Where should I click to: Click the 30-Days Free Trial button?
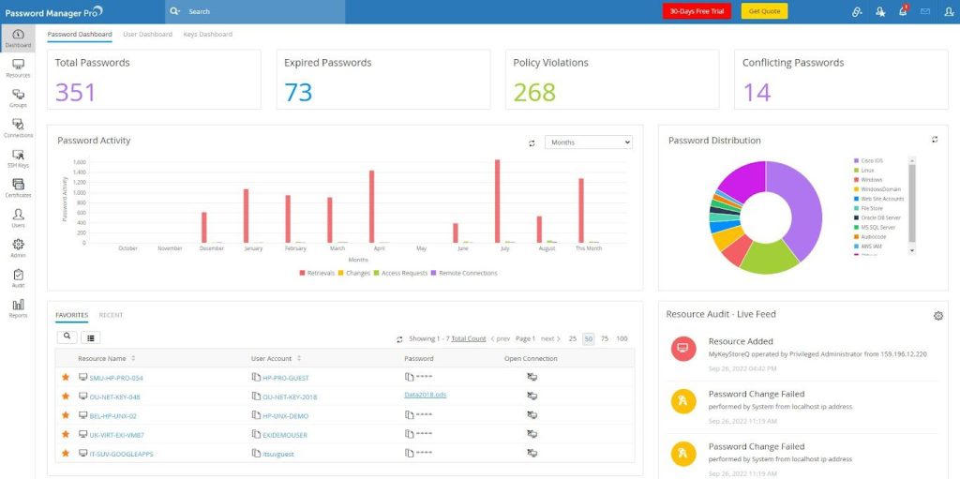click(x=696, y=11)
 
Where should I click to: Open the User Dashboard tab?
click(x=147, y=35)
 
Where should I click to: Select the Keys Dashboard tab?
click(x=207, y=35)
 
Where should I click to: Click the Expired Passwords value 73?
click(x=298, y=92)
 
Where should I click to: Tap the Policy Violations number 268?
click(x=534, y=92)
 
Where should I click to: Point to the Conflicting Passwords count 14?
click(x=757, y=92)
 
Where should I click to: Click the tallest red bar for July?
click(x=497, y=202)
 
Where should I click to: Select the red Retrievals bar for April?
click(x=372, y=206)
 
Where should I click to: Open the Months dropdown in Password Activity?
click(x=588, y=142)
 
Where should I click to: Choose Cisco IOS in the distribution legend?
click(x=871, y=160)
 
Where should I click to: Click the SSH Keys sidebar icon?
click(x=18, y=157)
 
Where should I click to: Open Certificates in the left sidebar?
click(x=18, y=187)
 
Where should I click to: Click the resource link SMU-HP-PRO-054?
click(x=115, y=378)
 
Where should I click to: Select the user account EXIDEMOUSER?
click(x=284, y=435)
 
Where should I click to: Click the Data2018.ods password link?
click(x=425, y=396)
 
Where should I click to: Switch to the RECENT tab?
click(x=111, y=315)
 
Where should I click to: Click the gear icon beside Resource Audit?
click(x=937, y=316)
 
